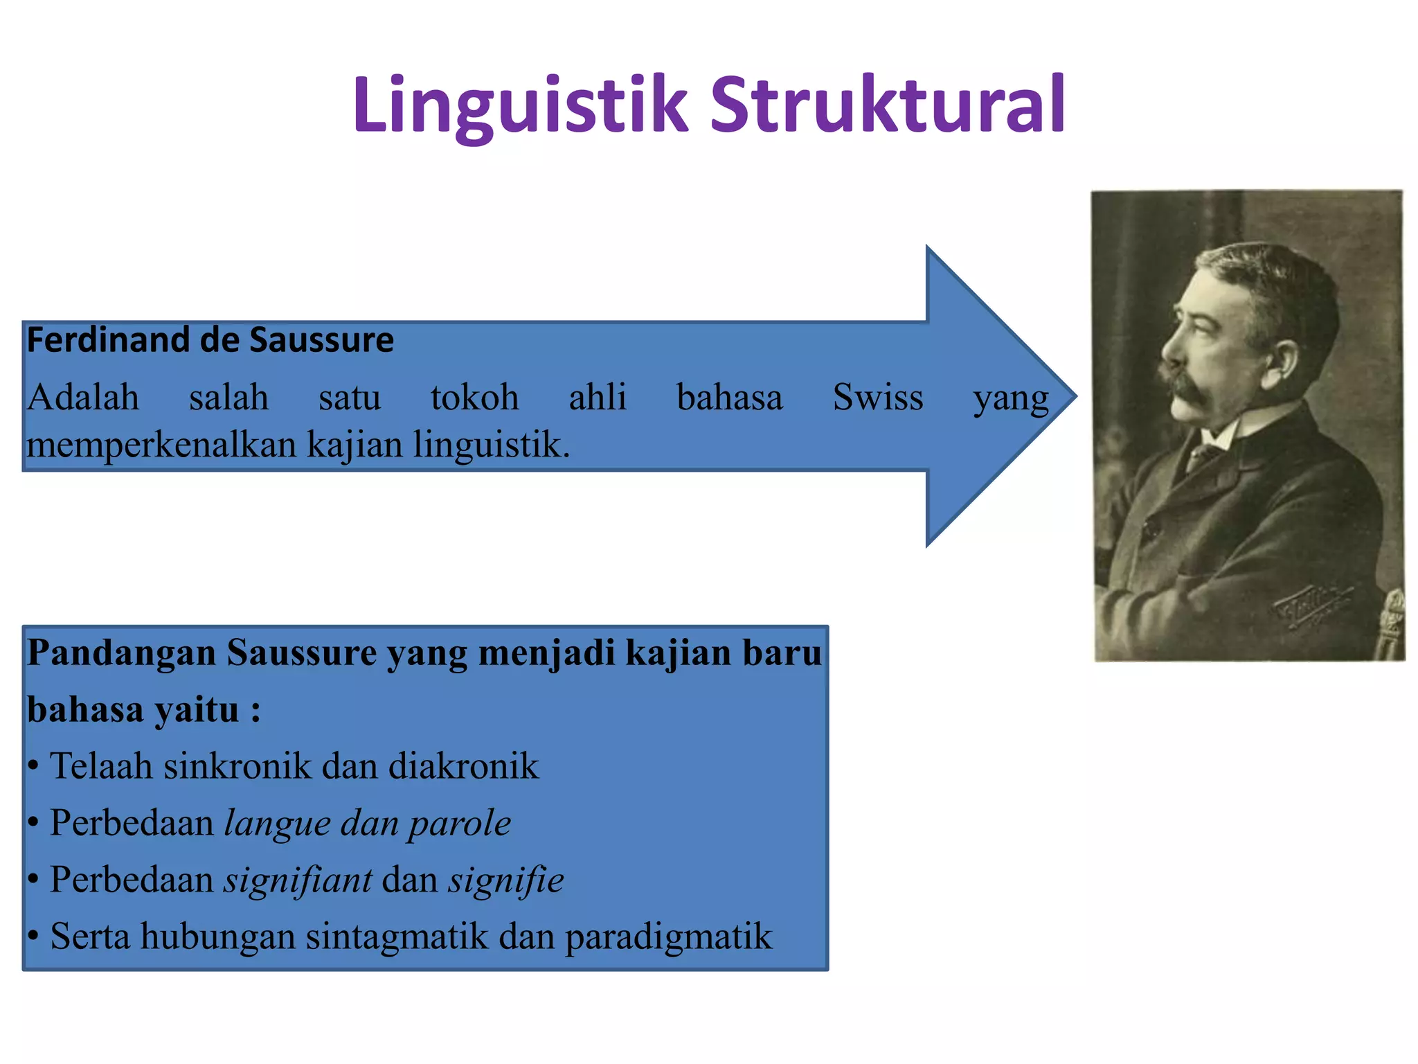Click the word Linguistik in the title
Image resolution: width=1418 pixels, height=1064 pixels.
519,105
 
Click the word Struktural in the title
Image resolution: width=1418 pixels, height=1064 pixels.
888,105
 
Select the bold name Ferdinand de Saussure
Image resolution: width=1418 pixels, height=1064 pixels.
210,341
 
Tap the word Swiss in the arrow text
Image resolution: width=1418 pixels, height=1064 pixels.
877,398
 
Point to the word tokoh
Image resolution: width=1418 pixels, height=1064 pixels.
474,398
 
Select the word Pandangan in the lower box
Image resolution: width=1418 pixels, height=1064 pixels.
121,653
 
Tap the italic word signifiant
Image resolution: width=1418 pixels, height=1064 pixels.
298,880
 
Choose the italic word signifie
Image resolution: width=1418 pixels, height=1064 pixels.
505,880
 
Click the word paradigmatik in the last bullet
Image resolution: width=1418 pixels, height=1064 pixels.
668,937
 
